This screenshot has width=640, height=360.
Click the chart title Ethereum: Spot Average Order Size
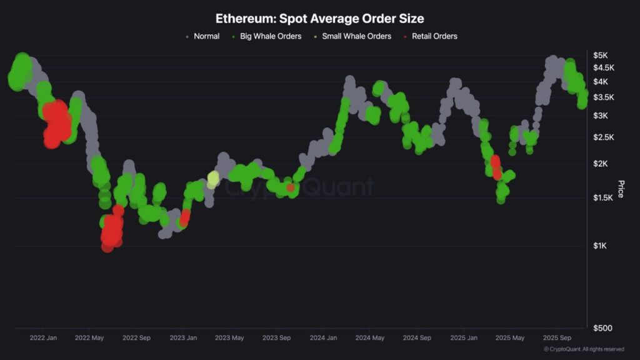point(319,19)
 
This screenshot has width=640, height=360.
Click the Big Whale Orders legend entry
point(271,36)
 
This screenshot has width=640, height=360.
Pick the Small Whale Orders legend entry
point(356,36)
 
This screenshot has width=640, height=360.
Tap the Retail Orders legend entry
point(434,36)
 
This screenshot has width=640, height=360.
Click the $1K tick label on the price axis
point(601,246)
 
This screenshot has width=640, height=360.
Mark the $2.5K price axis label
point(604,137)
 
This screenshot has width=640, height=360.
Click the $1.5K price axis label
point(604,198)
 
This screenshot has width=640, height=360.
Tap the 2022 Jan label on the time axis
point(43,338)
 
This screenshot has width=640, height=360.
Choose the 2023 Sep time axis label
point(277,338)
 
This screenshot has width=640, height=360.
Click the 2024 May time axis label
point(370,338)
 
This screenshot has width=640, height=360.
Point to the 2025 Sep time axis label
point(556,338)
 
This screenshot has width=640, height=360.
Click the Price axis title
point(621,189)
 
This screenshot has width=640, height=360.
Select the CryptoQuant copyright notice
point(584,349)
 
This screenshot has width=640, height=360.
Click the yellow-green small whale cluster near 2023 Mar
point(213,179)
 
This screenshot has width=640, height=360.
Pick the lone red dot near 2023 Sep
point(291,187)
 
